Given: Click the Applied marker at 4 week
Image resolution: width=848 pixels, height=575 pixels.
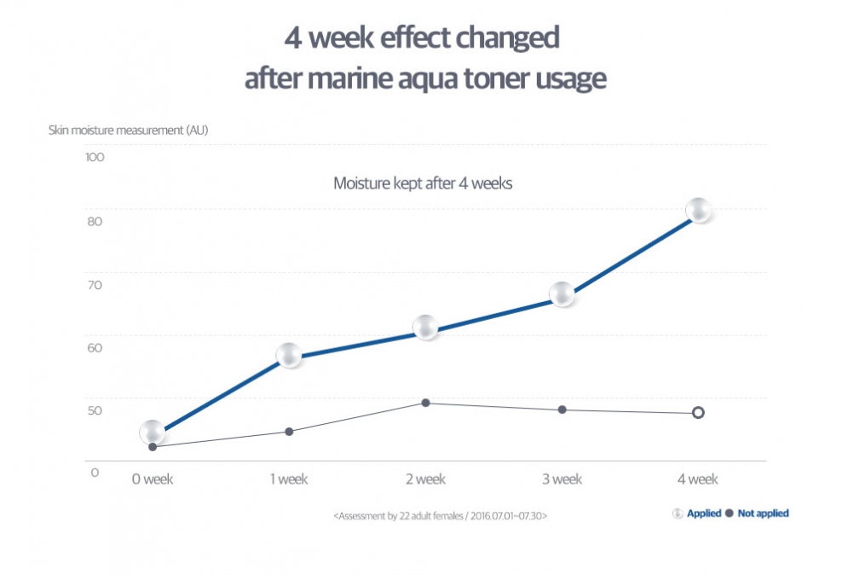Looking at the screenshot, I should tap(698, 210).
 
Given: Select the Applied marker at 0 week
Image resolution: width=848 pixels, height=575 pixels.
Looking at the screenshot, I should tap(153, 433).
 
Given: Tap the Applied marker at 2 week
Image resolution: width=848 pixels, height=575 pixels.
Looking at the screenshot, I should tap(425, 328).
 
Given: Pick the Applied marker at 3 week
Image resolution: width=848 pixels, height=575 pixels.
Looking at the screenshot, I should tap(562, 294).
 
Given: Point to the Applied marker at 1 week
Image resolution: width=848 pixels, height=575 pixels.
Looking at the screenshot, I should tap(289, 356).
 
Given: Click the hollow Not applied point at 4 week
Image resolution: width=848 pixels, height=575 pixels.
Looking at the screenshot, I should tap(698, 413).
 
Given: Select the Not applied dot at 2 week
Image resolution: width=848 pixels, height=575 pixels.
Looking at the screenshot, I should tap(425, 403).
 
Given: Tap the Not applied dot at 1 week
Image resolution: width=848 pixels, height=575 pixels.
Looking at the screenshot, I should tap(289, 432).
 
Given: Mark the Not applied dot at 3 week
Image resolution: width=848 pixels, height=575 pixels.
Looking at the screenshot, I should tap(562, 410).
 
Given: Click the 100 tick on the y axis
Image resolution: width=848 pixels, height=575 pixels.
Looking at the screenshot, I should tap(94, 158).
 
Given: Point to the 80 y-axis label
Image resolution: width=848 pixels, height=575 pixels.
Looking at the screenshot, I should tap(94, 222).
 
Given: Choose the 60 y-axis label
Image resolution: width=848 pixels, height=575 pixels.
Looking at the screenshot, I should tap(94, 348).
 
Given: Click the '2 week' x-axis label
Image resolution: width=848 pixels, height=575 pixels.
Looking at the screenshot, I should tap(425, 479).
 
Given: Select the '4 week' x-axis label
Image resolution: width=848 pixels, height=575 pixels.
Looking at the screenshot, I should tap(698, 479).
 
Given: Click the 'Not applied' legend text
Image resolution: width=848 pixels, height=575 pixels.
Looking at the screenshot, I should tap(763, 514).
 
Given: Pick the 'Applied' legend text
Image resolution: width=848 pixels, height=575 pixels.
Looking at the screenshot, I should tap(704, 514).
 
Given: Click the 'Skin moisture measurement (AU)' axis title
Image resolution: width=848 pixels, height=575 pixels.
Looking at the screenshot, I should tap(128, 131).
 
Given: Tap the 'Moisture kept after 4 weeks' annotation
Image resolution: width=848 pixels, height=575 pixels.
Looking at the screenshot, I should tap(422, 183).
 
